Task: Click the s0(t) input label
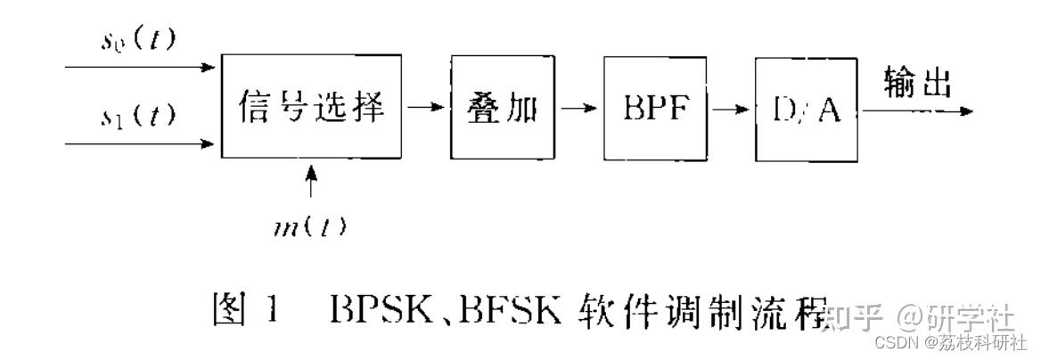pos(137,41)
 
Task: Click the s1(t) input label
pos(137,116)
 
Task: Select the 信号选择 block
pos(311,106)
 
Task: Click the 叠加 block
pos(502,106)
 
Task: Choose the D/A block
pos(805,109)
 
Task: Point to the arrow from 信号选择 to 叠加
pos(425,107)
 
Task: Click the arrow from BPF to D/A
pos(730,109)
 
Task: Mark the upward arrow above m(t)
pos(310,182)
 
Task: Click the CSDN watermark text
pos(891,343)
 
